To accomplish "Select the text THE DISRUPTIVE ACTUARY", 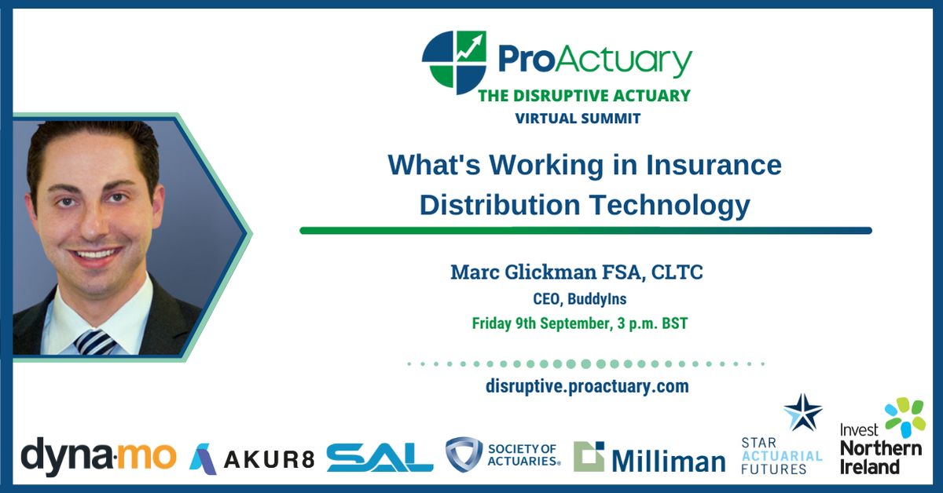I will tap(585, 96).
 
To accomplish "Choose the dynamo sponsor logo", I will tap(99, 455).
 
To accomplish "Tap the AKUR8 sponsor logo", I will tap(251, 456).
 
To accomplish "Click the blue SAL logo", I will tap(380, 456).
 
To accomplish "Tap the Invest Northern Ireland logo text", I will tap(869, 450).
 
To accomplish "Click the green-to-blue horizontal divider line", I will tap(585, 231).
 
